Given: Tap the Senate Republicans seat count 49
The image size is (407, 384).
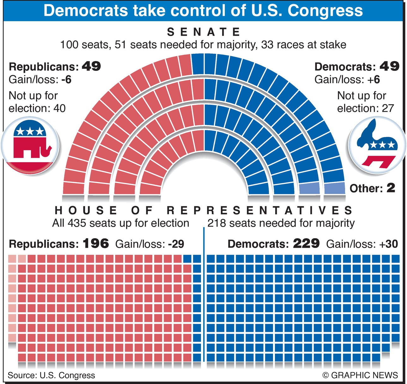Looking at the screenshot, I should [91, 66].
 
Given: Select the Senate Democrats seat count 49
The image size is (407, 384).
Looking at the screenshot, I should [389, 66].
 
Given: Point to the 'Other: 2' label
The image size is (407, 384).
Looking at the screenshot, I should [372, 188].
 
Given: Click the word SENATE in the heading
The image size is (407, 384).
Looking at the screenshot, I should [203, 32].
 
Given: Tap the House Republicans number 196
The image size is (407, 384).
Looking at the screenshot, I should [96, 243].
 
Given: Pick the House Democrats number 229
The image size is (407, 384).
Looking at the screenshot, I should [306, 243].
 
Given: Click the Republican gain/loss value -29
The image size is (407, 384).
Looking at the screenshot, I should [176, 244].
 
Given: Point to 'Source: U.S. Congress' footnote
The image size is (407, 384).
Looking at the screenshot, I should [51, 375].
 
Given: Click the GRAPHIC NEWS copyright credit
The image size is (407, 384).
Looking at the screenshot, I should [360, 375].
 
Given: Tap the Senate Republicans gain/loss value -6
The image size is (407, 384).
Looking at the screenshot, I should [66, 79].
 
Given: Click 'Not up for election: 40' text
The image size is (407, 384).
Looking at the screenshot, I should [37, 102].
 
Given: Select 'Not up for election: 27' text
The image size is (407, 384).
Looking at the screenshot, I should [365, 102].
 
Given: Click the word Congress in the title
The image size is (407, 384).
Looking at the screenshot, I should [325, 10].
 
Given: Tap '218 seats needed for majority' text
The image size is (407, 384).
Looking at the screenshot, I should [281, 223].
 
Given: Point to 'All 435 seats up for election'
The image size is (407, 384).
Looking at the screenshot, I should [120, 223].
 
